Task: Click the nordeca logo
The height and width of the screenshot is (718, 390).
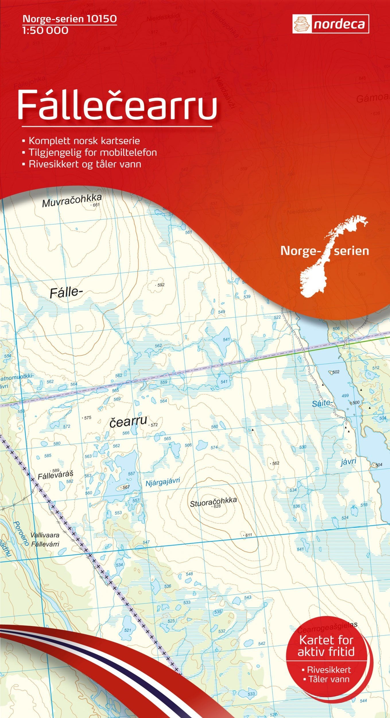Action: [x=331, y=24]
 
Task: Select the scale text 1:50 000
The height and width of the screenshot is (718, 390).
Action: [x=45, y=30]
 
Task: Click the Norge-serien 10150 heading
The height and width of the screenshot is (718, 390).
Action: [x=69, y=19]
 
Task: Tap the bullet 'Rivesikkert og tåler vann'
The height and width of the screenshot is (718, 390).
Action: [x=85, y=164]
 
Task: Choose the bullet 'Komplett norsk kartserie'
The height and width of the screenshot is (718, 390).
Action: [x=84, y=141]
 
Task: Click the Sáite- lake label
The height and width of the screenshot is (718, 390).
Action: [x=322, y=403]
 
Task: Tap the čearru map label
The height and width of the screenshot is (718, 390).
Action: [x=128, y=422]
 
